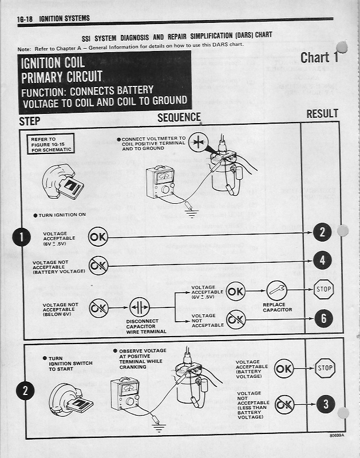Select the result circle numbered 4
click(323, 260)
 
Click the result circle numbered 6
click(323, 318)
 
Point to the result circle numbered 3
click(326, 404)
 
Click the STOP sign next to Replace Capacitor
click(324, 290)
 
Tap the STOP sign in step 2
click(325, 368)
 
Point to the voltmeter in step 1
click(162, 183)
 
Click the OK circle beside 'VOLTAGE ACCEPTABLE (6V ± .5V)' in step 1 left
click(97, 236)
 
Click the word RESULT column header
click(322, 113)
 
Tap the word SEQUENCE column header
click(179, 117)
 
